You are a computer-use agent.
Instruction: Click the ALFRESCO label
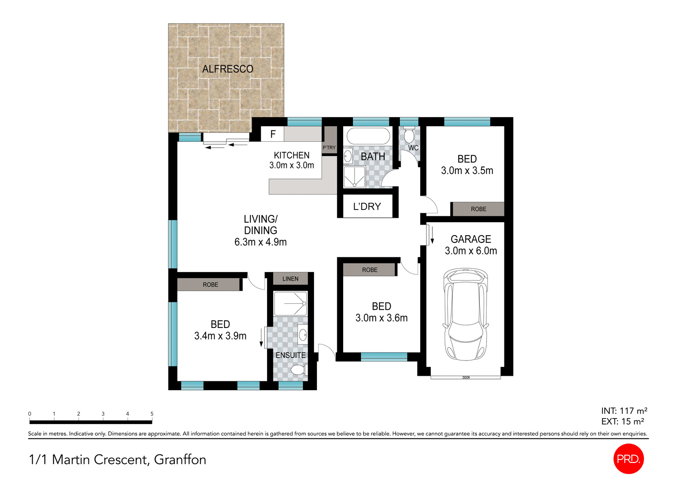pyautogui.click(x=228, y=69)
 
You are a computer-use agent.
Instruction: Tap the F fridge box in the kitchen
pyautogui.click(x=273, y=134)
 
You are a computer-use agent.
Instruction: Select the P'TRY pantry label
pyautogui.click(x=329, y=148)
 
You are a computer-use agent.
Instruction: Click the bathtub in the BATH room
pyautogui.click(x=368, y=136)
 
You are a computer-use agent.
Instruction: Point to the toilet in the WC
pyautogui.click(x=409, y=135)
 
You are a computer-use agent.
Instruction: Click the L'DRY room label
pyautogui.click(x=367, y=206)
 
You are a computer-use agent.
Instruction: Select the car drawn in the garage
pyautogui.click(x=465, y=314)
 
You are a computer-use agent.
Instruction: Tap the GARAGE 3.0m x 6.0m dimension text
pyautogui.click(x=471, y=251)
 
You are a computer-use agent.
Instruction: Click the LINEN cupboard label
pyautogui.click(x=290, y=279)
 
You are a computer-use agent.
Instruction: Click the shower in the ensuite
pyautogui.click(x=290, y=303)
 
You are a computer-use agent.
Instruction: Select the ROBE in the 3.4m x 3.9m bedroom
pyautogui.click(x=210, y=285)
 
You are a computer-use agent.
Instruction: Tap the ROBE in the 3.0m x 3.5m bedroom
pyautogui.click(x=479, y=209)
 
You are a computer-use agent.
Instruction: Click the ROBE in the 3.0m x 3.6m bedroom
pyautogui.click(x=369, y=270)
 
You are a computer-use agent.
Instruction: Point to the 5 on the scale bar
pyautogui.click(x=152, y=414)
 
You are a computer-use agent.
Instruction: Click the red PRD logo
pyautogui.click(x=628, y=459)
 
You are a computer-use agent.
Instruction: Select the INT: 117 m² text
pyautogui.click(x=624, y=411)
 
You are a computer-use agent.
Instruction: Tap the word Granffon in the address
pyautogui.click(x=180, y=460)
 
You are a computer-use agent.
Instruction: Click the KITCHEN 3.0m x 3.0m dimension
pyautogui.click(x=292, y=165)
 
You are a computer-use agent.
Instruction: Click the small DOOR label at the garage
pyautogui.click(x=466, y=377)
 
